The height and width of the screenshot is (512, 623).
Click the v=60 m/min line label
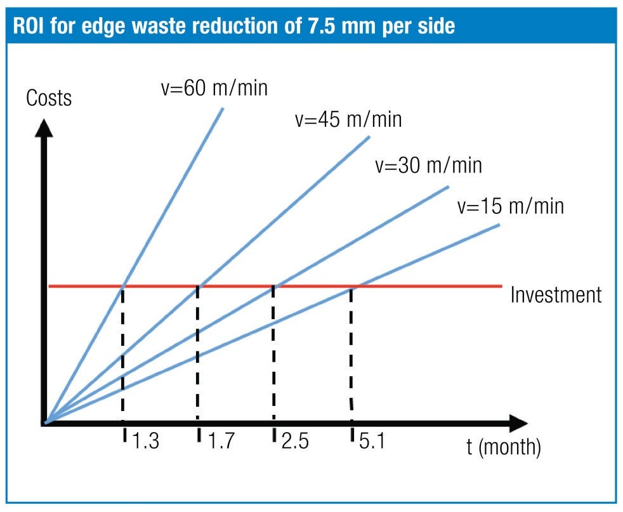tap(214, 88)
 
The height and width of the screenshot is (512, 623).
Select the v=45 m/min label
tap(348, 119)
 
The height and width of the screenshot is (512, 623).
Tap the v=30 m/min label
tap(428, 165)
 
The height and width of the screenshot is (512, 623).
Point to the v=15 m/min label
tap(509, 206)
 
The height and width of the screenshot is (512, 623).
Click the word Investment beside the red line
tap(555, 295)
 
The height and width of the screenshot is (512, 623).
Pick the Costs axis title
tap(49, 98)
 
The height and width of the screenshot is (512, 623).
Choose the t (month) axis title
tap(504, 447)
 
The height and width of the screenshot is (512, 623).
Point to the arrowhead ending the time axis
tap(518, 423)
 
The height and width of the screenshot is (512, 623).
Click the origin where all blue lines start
tap(46, 422)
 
